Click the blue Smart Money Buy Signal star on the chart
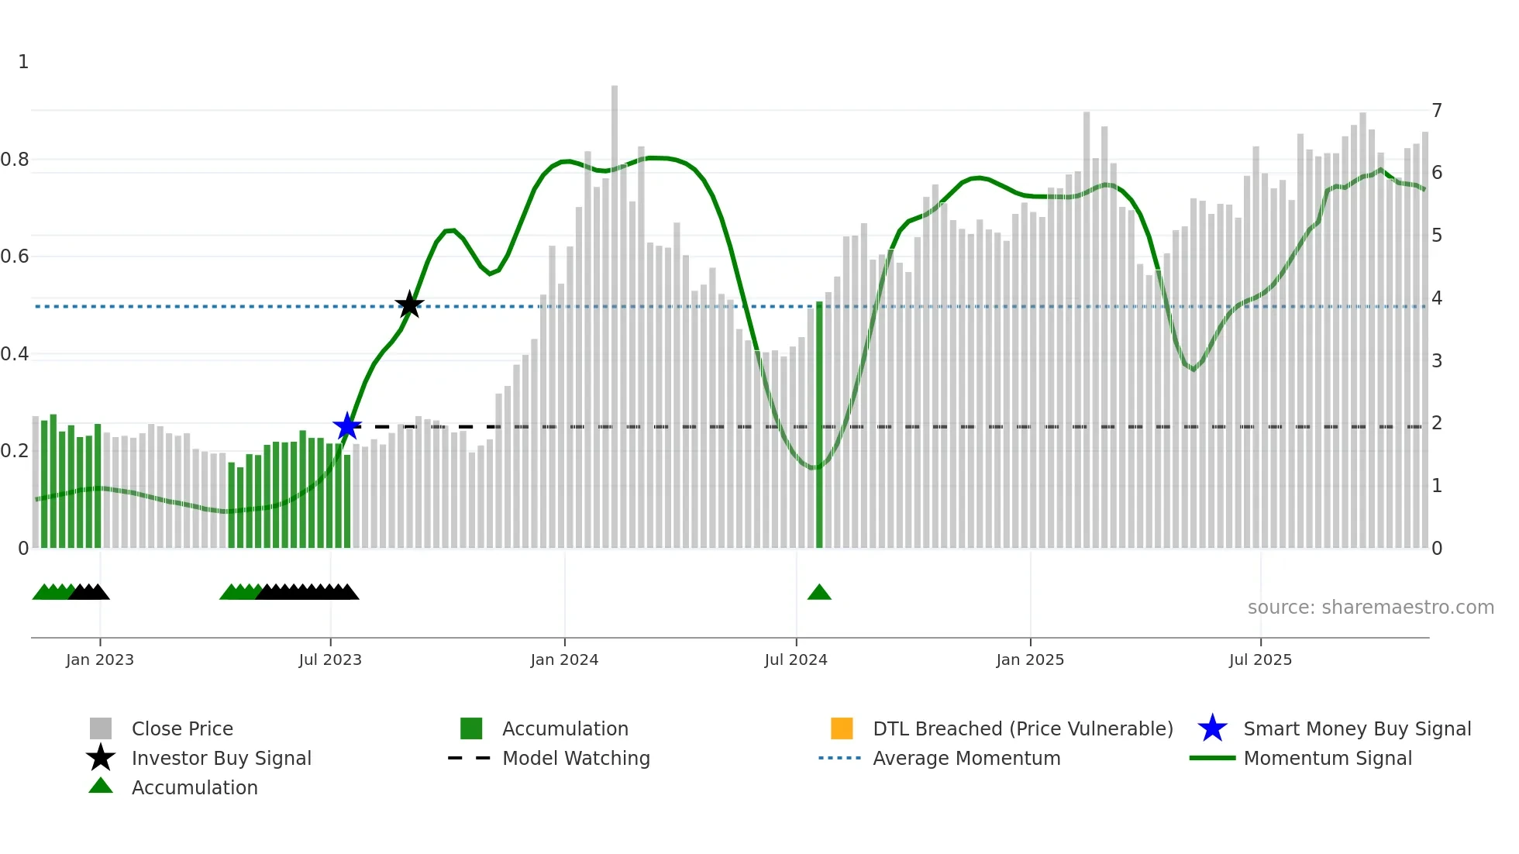click(x=347, y=426)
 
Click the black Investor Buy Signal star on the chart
click(x=409, y=305)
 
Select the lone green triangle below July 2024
click(x=819, y=593)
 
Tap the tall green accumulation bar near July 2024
click(x=819, y=426)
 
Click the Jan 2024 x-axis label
click(x=564, y=659)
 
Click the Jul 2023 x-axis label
click(x=330, y=659)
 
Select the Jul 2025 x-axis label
click(x=1260, y=659)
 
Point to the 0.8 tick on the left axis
click(x=15, y=160)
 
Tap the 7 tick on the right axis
click(x=1437, y=111)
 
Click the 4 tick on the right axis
click(x=1437, y=298)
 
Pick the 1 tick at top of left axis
click(x=23, y=62)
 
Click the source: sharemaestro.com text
click(x=1370, y=608)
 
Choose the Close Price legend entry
click(x=182, y=728)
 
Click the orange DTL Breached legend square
click(x=842, y=728)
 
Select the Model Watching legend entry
click(x=576, y=758)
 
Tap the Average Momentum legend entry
click(x=966, y=758)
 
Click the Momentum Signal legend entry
click(x=1328, y=758)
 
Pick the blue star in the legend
click(x=1212, y=728)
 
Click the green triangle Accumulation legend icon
click(x=101, y=786)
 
